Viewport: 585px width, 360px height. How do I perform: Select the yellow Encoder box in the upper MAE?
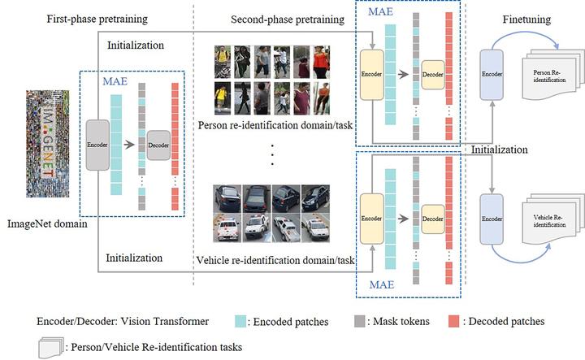(x=371, y=72)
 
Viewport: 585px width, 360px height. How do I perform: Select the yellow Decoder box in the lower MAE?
(x=432, y=219)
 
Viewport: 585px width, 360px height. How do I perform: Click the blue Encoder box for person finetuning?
(x=495, y=72)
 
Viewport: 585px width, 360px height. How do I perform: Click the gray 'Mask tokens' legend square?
(x=360, y=322)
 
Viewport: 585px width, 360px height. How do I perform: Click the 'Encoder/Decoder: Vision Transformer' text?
(x=123, y=322)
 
